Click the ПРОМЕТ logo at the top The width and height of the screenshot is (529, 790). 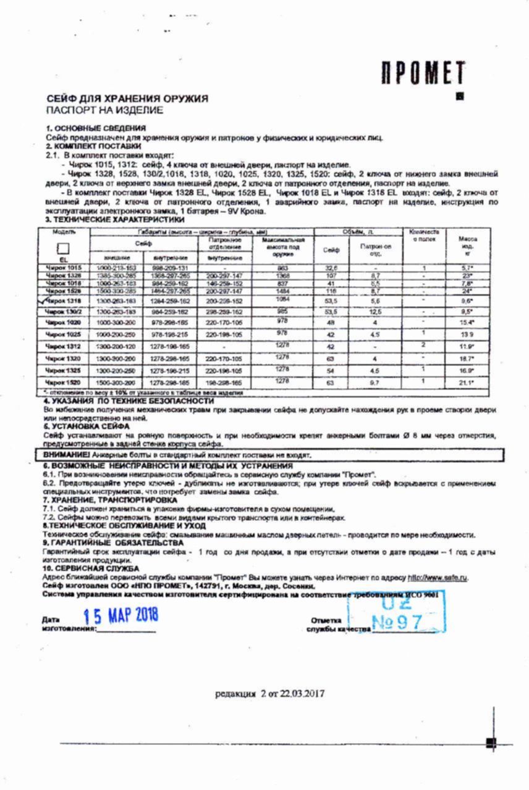pyautogui.click(x=422, y=73)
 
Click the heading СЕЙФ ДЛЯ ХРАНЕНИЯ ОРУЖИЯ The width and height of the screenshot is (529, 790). pyautogui.click(x=127, y=99)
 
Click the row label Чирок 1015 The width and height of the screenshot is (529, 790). pyautogui.click(x=64, y=267)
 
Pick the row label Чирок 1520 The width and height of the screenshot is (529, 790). pyautogui.click(x=64, y=383)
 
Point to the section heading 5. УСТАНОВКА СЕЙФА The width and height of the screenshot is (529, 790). pyautogui.click(x=87, y=426)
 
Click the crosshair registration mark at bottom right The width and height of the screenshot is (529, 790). pyautogui.click(x=491, y=743)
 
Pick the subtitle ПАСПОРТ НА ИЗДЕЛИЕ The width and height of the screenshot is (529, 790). pyautogui.click(x=105, y=110)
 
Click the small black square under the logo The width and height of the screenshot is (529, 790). pyautogui.click(x=459, y=96)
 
